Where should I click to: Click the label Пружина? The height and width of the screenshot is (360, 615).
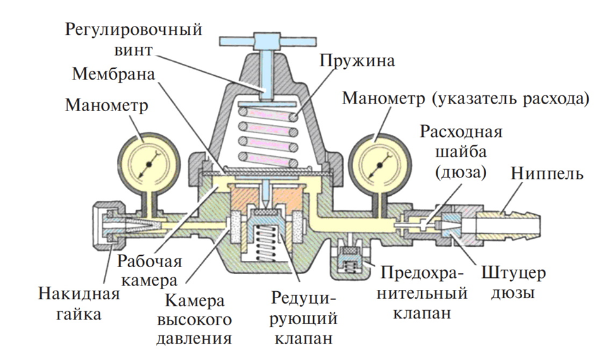coord(357,61)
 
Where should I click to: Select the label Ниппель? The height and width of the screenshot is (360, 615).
coord(547,172)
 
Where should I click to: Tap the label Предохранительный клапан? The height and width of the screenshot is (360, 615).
coord(424,293)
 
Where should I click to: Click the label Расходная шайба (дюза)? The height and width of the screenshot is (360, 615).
coord(460,152)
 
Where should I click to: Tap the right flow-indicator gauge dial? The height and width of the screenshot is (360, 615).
coord(378,164)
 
